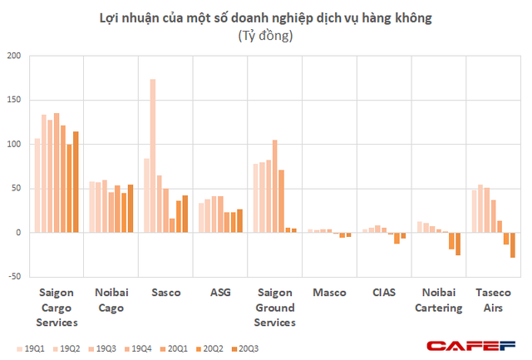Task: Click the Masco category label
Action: [330, 293]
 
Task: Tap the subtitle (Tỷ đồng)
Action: [265, 37]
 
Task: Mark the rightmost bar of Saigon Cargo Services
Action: [76, 182]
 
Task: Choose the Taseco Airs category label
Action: [495, 300]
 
